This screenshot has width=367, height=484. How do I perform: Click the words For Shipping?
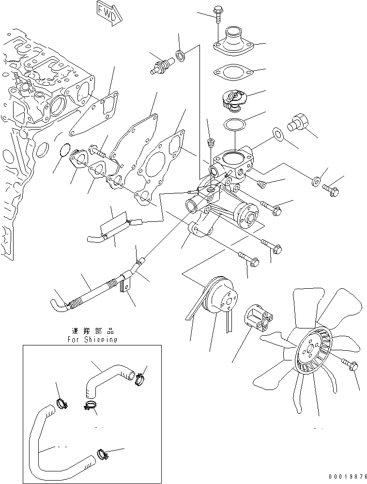pos(92,340)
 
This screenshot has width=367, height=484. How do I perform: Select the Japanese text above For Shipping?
pos(92,331)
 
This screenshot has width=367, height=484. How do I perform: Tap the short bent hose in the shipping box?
pos(102,378)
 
